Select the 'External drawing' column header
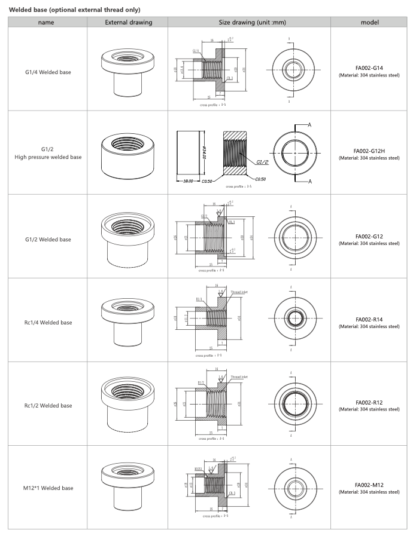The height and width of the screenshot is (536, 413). pos(128,23)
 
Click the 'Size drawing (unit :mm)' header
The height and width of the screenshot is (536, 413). pos(249,23)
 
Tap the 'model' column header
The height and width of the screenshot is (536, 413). pos(369,23)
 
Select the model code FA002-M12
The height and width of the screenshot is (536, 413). pos(369,485)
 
